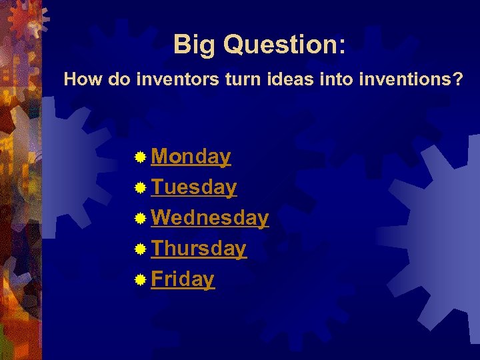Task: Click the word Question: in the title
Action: (285, 45)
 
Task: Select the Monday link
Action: (191, 157)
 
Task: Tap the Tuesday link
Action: (193, 187)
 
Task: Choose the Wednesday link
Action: (210, 218)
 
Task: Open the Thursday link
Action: (199, 249)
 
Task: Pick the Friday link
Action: (183, 279)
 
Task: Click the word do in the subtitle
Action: (115, 81)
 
